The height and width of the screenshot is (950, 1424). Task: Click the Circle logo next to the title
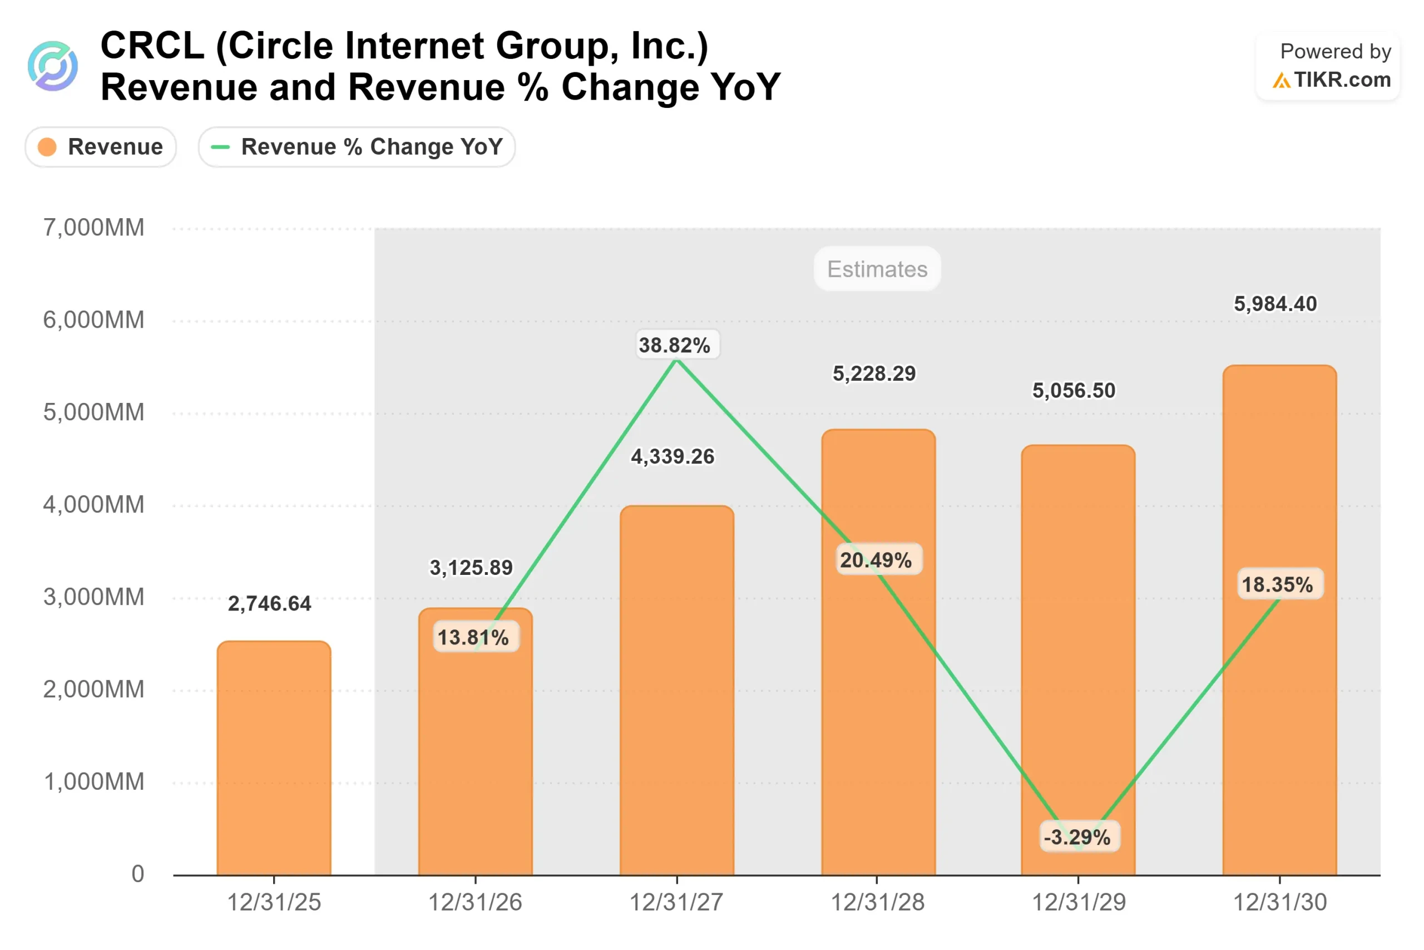pos(53,66)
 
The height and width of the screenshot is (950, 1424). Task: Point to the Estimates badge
pos(877,269)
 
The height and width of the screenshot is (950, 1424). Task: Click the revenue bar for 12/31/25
pos(274,757)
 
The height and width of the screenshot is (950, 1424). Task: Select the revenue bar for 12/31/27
pos(677,691)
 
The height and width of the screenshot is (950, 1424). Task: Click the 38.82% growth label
pos(675,346)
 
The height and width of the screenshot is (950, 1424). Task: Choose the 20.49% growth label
pos(876,560)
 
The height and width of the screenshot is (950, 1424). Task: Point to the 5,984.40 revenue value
pos(1275,303)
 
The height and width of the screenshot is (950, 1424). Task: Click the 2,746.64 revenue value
pos(269,603)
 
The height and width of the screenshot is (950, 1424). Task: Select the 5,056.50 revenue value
pos(1074,391)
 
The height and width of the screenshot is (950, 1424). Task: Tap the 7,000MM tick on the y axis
pos(94,228)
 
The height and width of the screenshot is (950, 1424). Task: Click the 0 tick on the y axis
pos(138,874)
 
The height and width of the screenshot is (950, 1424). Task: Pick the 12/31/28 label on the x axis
pos(877,903)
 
